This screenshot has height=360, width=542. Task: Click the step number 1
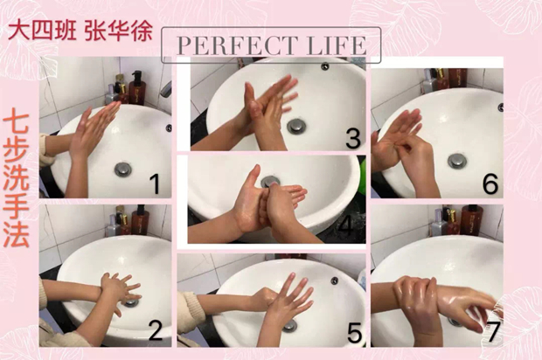pyautogui.click(x=156, y=183)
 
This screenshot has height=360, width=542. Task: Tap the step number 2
pyautogui.click(x=156, y=329)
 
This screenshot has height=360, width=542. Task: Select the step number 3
pyautogui.click(x=353, y=138)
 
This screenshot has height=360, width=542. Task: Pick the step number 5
pyautogui.click(x=354, y=332)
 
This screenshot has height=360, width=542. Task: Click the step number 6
pyautogui.click(x=490, y=183)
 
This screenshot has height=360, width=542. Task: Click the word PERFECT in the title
pyautogui.click(x=237, y=45)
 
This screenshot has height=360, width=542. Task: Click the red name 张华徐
pyautogui.click(x=119, y=31)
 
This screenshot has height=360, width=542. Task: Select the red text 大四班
pyautogui.click(x=42, y=31)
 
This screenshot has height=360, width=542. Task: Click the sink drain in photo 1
pyautogui.click(x=123, y=170)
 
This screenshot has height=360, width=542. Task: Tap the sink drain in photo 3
pyautogui.click(x=296, y=126)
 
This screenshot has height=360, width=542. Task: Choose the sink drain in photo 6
pyautogui.click(x=457, y=161)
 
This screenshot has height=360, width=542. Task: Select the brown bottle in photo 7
pyautogui.click(x=471, y=219)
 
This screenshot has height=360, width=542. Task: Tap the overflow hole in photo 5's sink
pyautogui.click(x=334, y=280)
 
